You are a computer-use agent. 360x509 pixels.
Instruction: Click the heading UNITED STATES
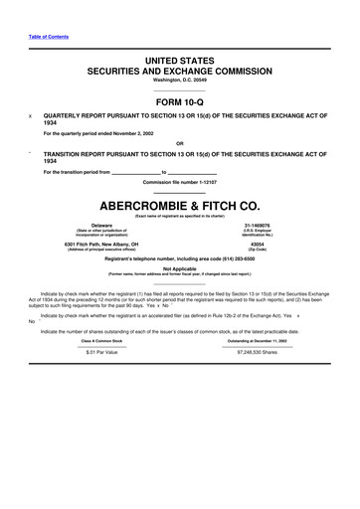pos(180,62)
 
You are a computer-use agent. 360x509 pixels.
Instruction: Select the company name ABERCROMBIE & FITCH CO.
pos(180,206)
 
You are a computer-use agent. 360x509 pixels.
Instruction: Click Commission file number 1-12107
pos(180,184)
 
